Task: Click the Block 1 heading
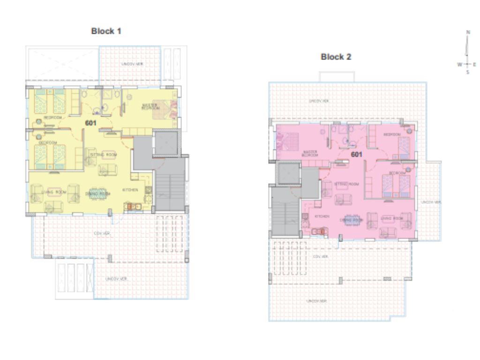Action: pyautogui.click(x=106, y=31)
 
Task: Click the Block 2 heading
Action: pyautogui.click(x=336, y=57)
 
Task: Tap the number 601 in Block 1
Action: pyautogui.click(x=90, y=123)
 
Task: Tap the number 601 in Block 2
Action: pyautogui.click(x=357, y=154)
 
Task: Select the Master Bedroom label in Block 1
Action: pyautogui.click(x=150, y=107)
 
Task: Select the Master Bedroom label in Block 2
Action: pyautogui.click(x=311, y=153)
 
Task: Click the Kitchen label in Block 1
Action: pyautogui.click(x=130, y=190)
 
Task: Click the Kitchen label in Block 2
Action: pyautogui.click(x=321, y=216)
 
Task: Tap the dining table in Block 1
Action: pyautogui.click(x=98, y=193)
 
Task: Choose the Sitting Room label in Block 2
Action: pyautogui.click(x=347, y=184)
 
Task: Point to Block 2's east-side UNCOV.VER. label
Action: pyautogui.click(x=431, y=202)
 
